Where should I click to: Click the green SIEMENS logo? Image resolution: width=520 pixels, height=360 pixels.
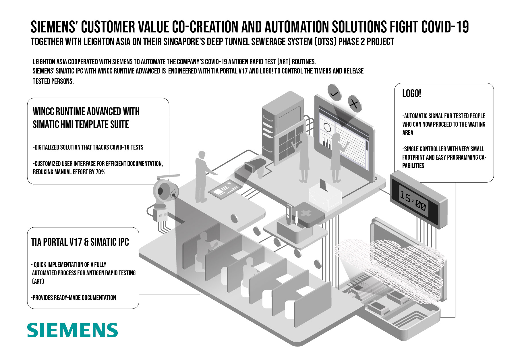[x=72, y=330]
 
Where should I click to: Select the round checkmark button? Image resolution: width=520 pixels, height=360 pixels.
[x=335, y=92]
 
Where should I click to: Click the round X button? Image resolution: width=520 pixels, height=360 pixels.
[x=355, y=103]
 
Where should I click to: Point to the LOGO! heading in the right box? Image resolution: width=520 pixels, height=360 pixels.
[x=411, y=94]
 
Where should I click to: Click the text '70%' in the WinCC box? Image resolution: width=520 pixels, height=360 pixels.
[x=100, y=172]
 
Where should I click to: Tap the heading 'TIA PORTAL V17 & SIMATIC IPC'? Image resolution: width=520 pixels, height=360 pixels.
[x=80, y=242]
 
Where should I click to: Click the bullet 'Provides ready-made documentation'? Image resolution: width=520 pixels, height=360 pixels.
[x=74, y=298]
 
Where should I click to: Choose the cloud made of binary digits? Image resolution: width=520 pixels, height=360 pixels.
[x=391, y=267]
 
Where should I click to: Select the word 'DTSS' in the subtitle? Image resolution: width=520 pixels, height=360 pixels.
[x=325, y=42]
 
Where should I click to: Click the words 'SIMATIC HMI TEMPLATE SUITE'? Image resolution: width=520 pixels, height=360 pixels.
[x=81, y=125]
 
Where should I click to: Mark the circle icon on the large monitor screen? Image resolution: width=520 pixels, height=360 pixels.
[x=327, y=127]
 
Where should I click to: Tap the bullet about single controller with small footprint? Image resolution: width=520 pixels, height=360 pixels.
[x=444, y=157]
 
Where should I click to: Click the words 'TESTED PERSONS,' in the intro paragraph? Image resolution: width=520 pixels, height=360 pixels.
[x=53, y=82]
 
